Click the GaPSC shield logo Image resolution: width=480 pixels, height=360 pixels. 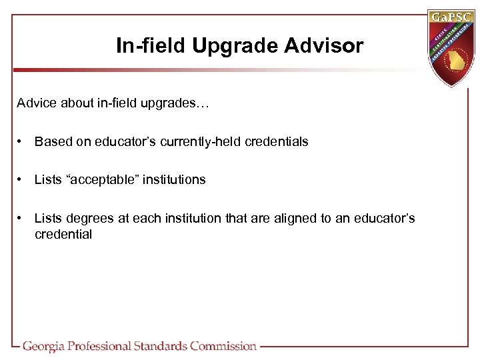pyautogui.click(x=454, y=47)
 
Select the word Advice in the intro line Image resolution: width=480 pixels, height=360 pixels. pyautogui.click(x=37, y=104)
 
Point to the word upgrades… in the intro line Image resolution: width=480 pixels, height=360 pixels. pyautogui.click(x=177, y=104)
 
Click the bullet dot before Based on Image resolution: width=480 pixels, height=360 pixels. pyautogui.click(x=22, y=141)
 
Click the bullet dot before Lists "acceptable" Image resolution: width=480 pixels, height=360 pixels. pyautogui.click(x=22, y=179)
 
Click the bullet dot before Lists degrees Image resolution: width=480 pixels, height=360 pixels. pyautogui.click(x=22, y=218)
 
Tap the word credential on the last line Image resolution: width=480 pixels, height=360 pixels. pyautogui.click(x=63, y=234)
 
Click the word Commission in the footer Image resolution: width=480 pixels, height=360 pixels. pyautogui.click(x=223, y=346)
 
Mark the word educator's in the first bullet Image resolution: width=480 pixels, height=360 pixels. pyautogui.click(x=126, y=141)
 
